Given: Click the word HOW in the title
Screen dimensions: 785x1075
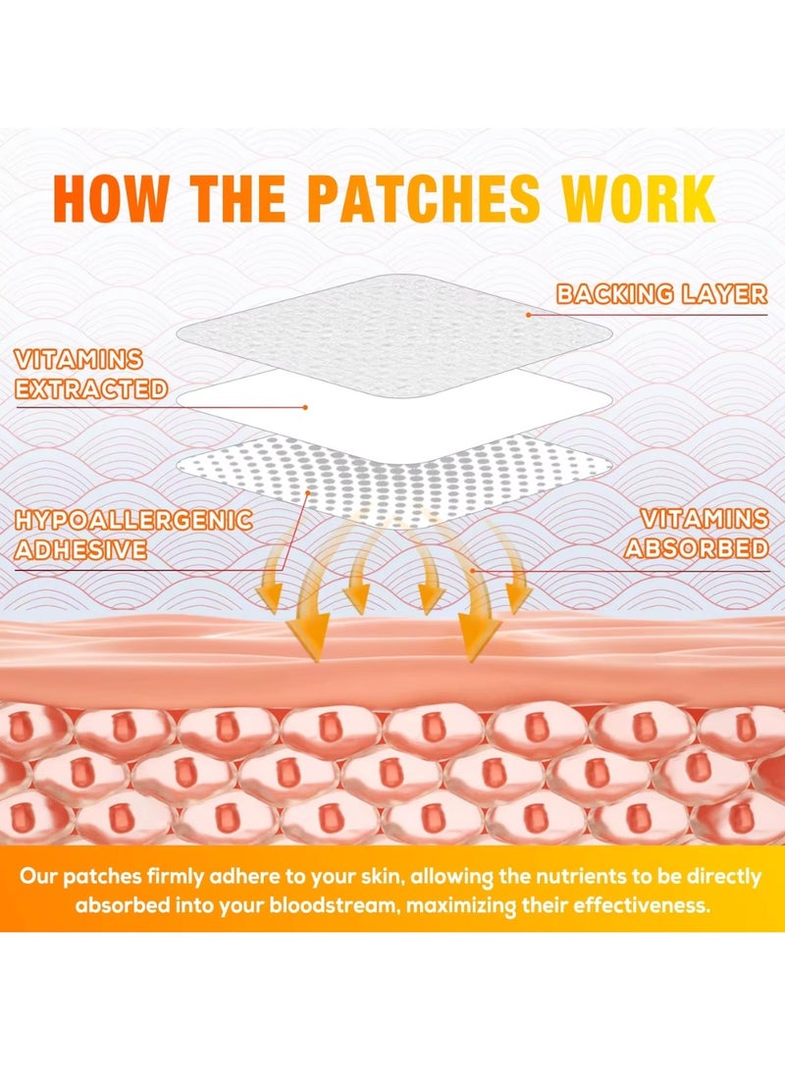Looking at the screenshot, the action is [x=110, y=199].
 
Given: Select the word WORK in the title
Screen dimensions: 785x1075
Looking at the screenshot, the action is [x=638, y=199].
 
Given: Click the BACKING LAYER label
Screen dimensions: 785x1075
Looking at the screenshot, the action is [x=661, y=294].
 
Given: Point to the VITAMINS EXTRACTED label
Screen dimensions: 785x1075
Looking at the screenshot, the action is [x=91, y=375].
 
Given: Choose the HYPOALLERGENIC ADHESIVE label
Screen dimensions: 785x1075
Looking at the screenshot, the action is [x=133, y=535].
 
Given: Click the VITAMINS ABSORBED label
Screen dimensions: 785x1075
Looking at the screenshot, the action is [x=697, y=534].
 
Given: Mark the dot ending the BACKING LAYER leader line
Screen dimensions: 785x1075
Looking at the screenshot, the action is [x=529, y=315].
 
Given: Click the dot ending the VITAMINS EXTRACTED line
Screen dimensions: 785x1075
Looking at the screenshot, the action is [x=305, y=407].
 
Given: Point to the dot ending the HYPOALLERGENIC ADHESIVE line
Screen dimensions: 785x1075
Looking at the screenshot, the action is [x=308, y=492].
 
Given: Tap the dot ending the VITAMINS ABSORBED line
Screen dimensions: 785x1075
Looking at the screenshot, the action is [x=472, y=570].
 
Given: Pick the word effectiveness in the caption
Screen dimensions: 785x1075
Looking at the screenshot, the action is [x=641, y=905].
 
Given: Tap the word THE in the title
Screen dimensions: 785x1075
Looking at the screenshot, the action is [x=237, y=199].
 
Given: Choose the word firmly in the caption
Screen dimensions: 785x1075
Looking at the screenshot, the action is [x=167, y=878].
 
